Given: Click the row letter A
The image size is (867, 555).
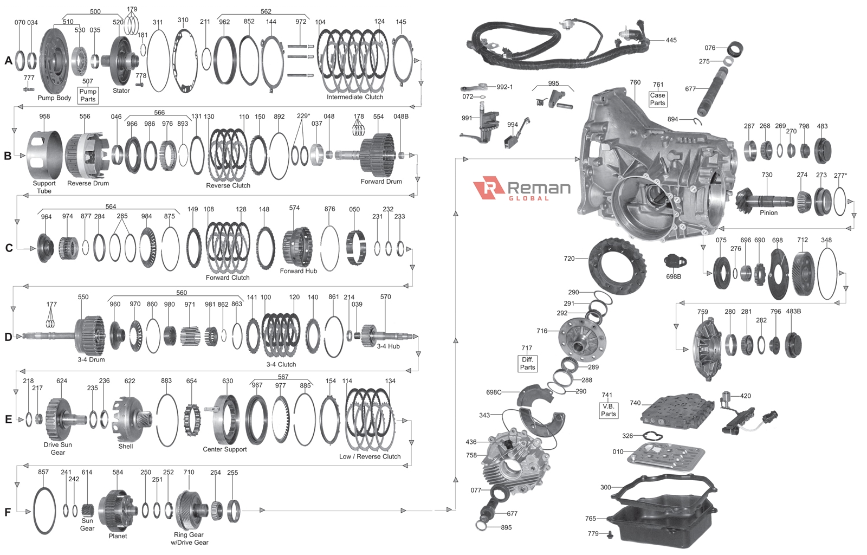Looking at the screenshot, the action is [x=9, y=60].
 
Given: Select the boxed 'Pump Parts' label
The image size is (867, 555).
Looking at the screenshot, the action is [x=88, y=95].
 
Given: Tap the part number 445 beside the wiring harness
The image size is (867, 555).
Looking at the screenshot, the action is [x=671, y=40].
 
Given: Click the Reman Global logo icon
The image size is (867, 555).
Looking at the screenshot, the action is [x=489, y=188].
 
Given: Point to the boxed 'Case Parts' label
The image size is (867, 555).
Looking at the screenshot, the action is [x=658, y=99].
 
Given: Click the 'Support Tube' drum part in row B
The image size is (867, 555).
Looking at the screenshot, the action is [x=44, y=155].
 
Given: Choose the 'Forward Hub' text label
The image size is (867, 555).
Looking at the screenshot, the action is [x=299, y=271].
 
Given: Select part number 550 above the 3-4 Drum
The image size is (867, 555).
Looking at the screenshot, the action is [x=83, y=297].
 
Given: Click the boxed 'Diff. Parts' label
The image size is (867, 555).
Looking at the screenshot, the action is [x=528, y=364].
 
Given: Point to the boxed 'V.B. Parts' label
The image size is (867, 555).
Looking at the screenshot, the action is [x=608, y=410].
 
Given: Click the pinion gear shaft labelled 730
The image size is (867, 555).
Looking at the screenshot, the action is [x=764, y=199].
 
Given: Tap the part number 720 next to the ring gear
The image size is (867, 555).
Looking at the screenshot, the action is [x=569, y=259].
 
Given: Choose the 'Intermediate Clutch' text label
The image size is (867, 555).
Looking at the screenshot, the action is [x=355, y=97].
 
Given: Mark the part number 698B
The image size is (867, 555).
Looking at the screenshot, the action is [x=674, y=276].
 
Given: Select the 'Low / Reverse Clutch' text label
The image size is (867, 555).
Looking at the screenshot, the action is [x=370, y=456].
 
